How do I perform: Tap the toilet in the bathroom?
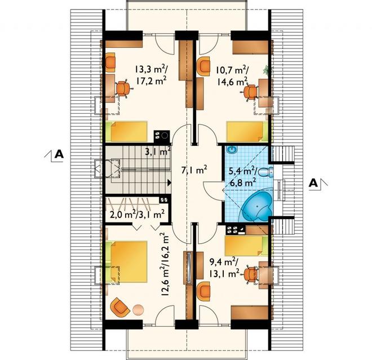click(x=265, y=172)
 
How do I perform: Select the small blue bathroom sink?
click(x=232, y=149)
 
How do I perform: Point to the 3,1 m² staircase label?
click(x=158, y=151)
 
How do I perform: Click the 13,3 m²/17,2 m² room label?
click(x=152, y=75)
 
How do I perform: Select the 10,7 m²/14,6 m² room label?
click(x=232, y=76)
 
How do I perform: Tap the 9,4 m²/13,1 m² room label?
click(x=224, y=268)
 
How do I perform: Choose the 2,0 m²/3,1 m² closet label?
click(x=137, y=215)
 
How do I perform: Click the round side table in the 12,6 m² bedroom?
click(x=138, y=310)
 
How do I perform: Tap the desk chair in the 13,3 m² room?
click(x=123, y=88)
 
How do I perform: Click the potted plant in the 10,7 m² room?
click(x=268, y=70)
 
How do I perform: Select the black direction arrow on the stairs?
click(x=169, y=183)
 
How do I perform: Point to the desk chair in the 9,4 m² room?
click(x=251, y=274)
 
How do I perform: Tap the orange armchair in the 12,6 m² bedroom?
click(x=120, y=307)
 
